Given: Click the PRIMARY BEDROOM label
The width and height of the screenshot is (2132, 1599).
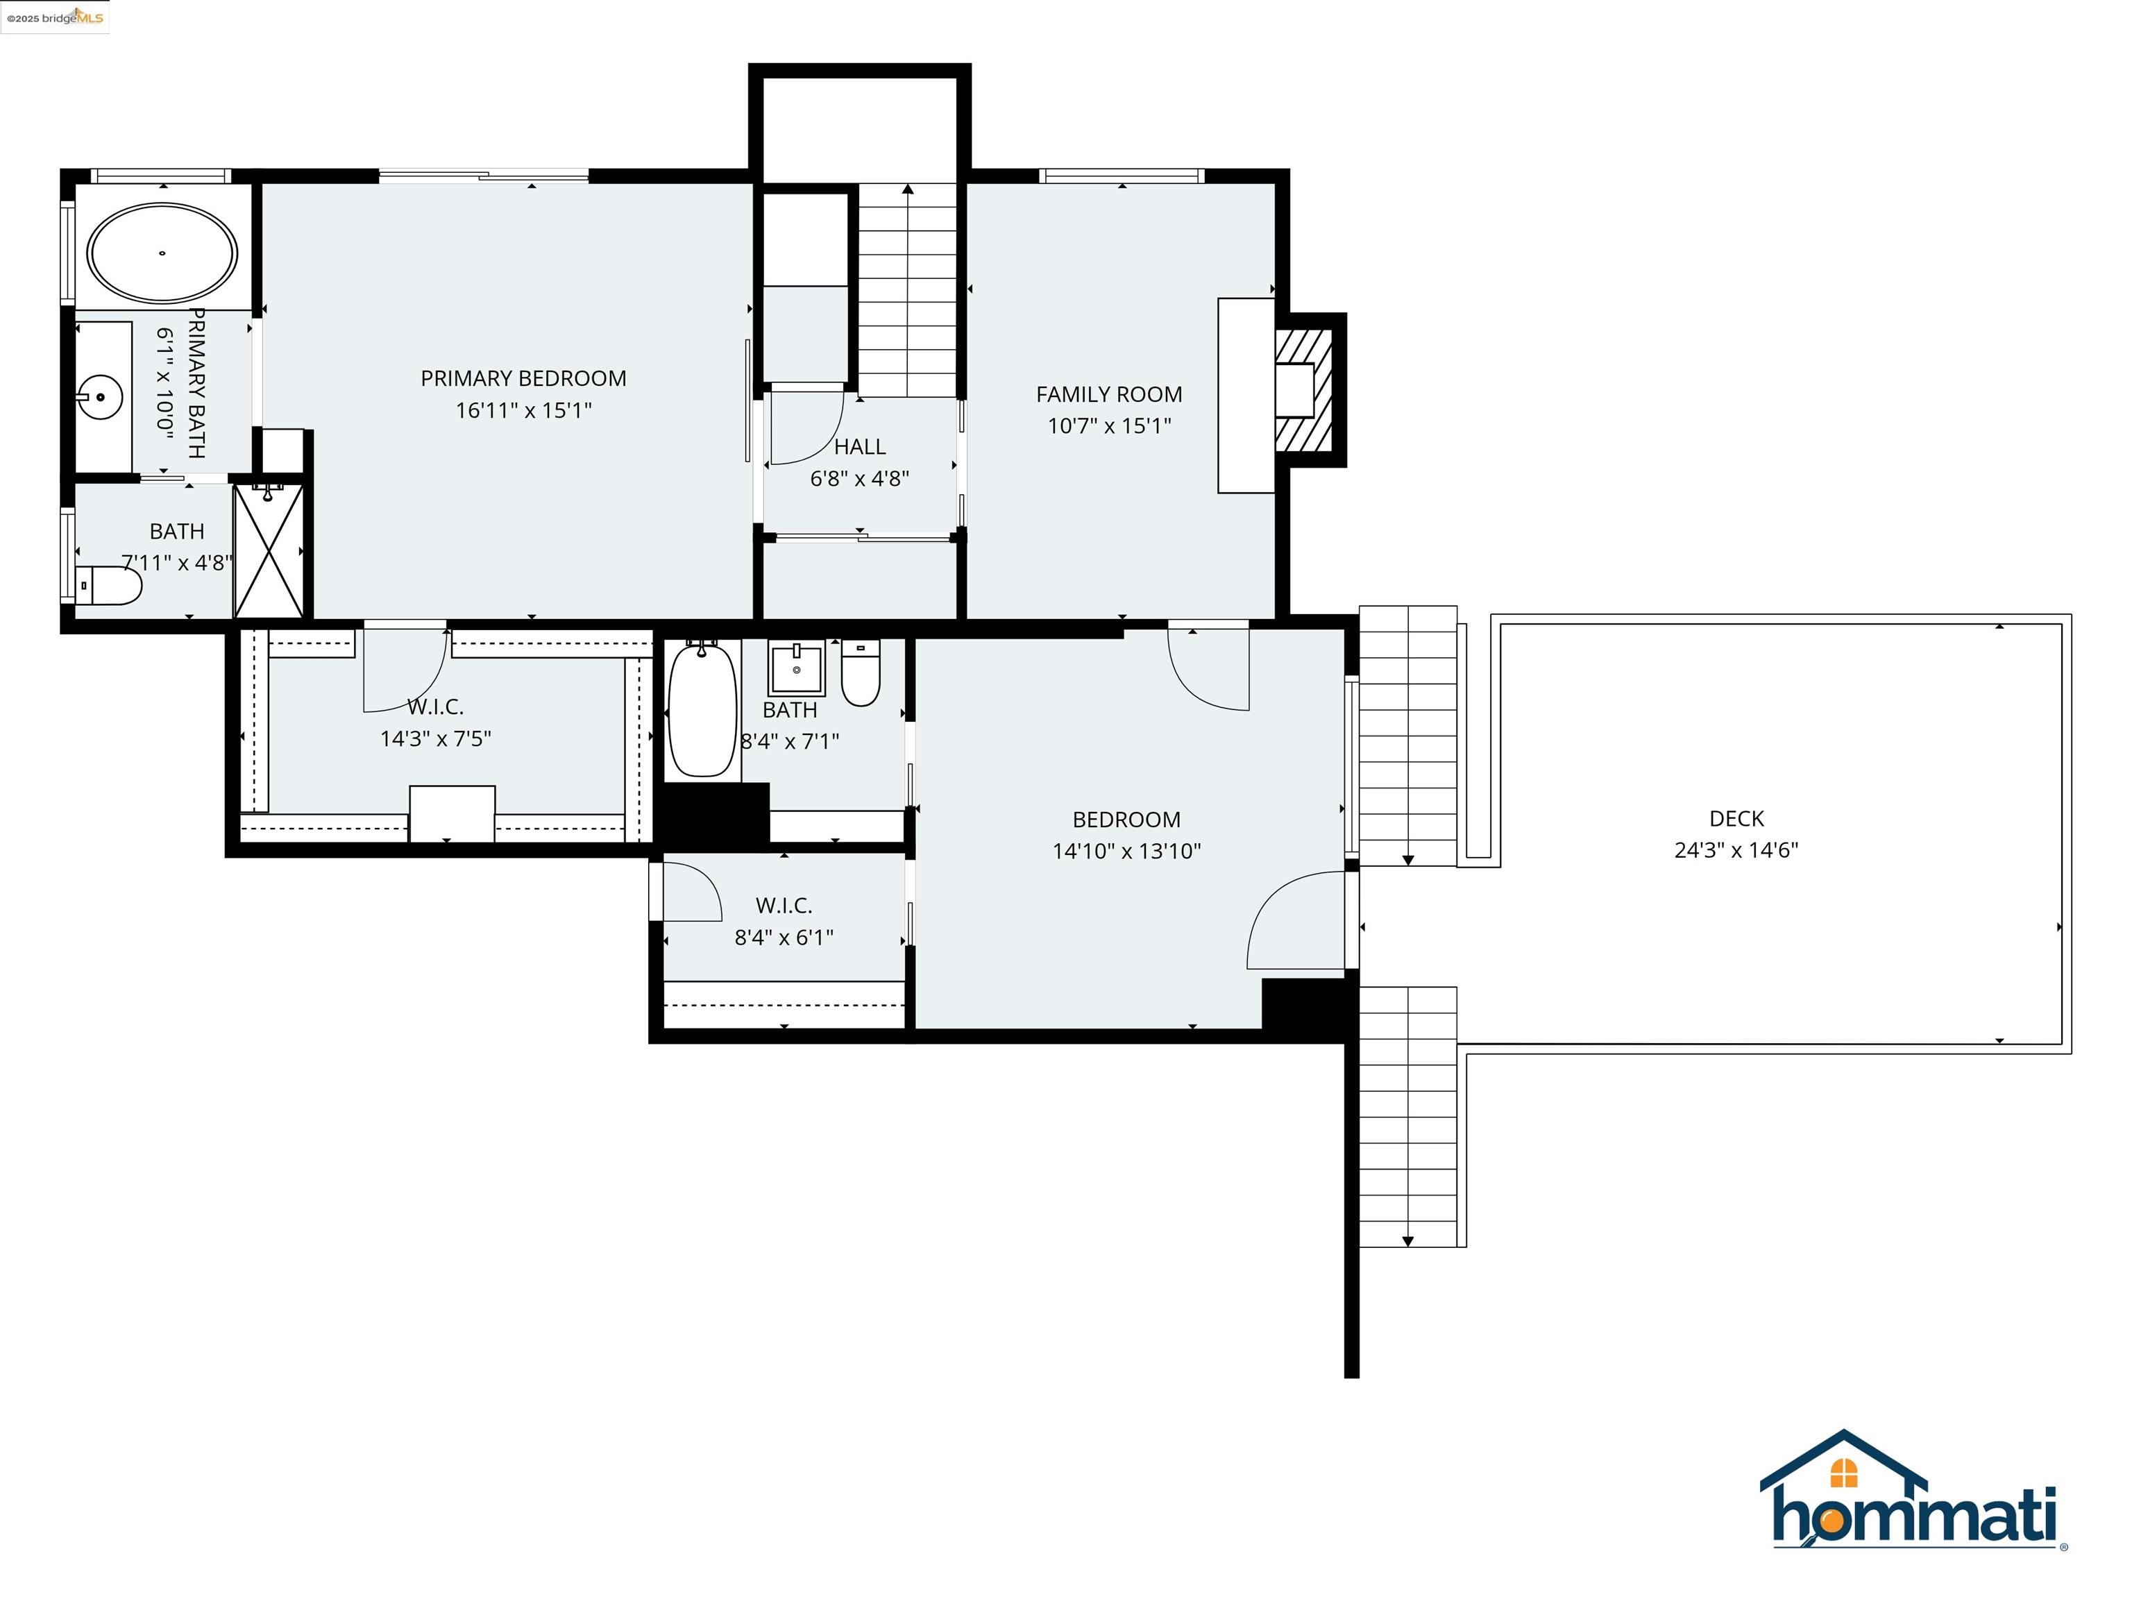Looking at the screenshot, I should [523, 378].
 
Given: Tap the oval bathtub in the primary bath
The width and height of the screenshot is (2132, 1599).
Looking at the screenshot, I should [162, 253].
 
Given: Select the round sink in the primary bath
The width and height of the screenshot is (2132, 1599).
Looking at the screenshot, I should [100, 397].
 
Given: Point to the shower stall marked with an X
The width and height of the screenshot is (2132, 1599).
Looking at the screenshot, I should [269, 551].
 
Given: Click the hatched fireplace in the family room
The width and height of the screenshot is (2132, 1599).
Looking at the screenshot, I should [1304, 389].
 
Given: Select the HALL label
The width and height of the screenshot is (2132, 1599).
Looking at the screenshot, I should [860, 447].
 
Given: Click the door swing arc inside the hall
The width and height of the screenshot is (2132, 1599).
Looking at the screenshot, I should [810, 429].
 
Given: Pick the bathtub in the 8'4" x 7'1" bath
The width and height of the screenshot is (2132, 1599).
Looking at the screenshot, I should [702, 711].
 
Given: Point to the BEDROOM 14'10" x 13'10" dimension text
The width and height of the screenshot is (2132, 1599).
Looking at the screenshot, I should [1126, 851].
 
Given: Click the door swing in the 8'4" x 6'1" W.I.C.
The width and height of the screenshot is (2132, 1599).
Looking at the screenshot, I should [692, 892].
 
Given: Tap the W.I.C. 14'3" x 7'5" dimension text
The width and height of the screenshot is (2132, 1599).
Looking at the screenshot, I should [436, 739].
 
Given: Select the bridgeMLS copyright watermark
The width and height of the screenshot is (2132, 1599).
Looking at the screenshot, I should [55, 17].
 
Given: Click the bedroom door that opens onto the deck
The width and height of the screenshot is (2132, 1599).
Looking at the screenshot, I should [1296, 920].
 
